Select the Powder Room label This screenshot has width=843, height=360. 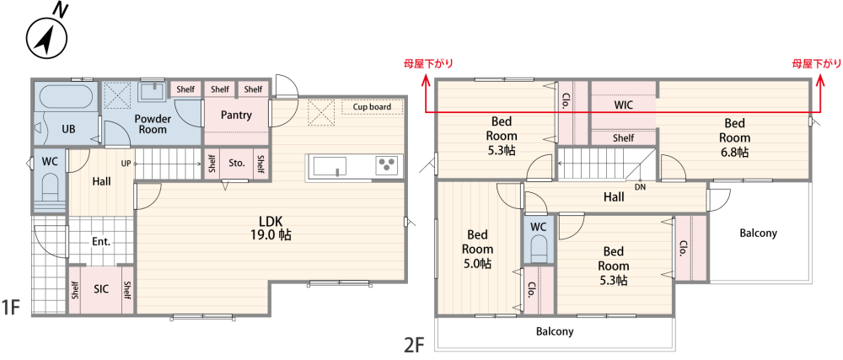[x=153, y=124]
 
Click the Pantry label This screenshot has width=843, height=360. [x=237, y=115]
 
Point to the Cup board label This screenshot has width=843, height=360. [x=372, y=106]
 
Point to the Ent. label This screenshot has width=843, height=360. [x=101, y=242]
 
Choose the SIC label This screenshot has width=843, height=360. [x=102, y=289]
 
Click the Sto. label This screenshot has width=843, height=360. [x=237, y=162]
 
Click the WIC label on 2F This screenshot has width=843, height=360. [x=623, y=105]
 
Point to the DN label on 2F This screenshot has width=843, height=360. [x=640, y=187]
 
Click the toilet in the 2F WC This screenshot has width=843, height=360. [x=538, y=248]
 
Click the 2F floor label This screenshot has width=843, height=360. [x=414, y=343]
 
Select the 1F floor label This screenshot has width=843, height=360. [x=11, y=308]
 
